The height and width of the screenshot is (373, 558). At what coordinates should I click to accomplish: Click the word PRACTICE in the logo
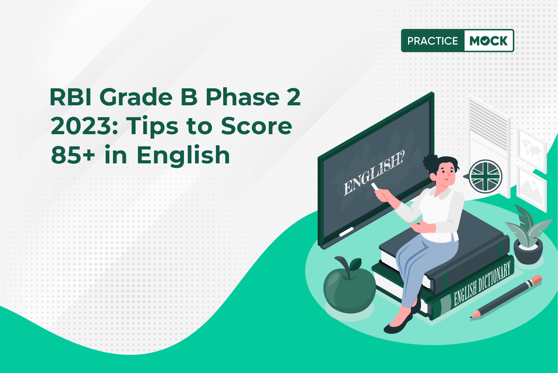point(432,41)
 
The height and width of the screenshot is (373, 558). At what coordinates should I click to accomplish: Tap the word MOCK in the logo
point(488,41)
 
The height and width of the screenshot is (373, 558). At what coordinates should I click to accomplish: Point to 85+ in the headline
point(73,155)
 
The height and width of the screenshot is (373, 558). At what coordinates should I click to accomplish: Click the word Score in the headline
point(256,126)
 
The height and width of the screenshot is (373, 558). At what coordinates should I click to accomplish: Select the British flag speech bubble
point(484,177)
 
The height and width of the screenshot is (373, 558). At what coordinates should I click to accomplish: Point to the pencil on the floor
point(506,297)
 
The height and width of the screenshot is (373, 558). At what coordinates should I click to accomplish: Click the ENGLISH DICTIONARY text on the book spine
point(482,284)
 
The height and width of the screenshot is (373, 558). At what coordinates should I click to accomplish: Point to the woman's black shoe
point(398,324)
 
